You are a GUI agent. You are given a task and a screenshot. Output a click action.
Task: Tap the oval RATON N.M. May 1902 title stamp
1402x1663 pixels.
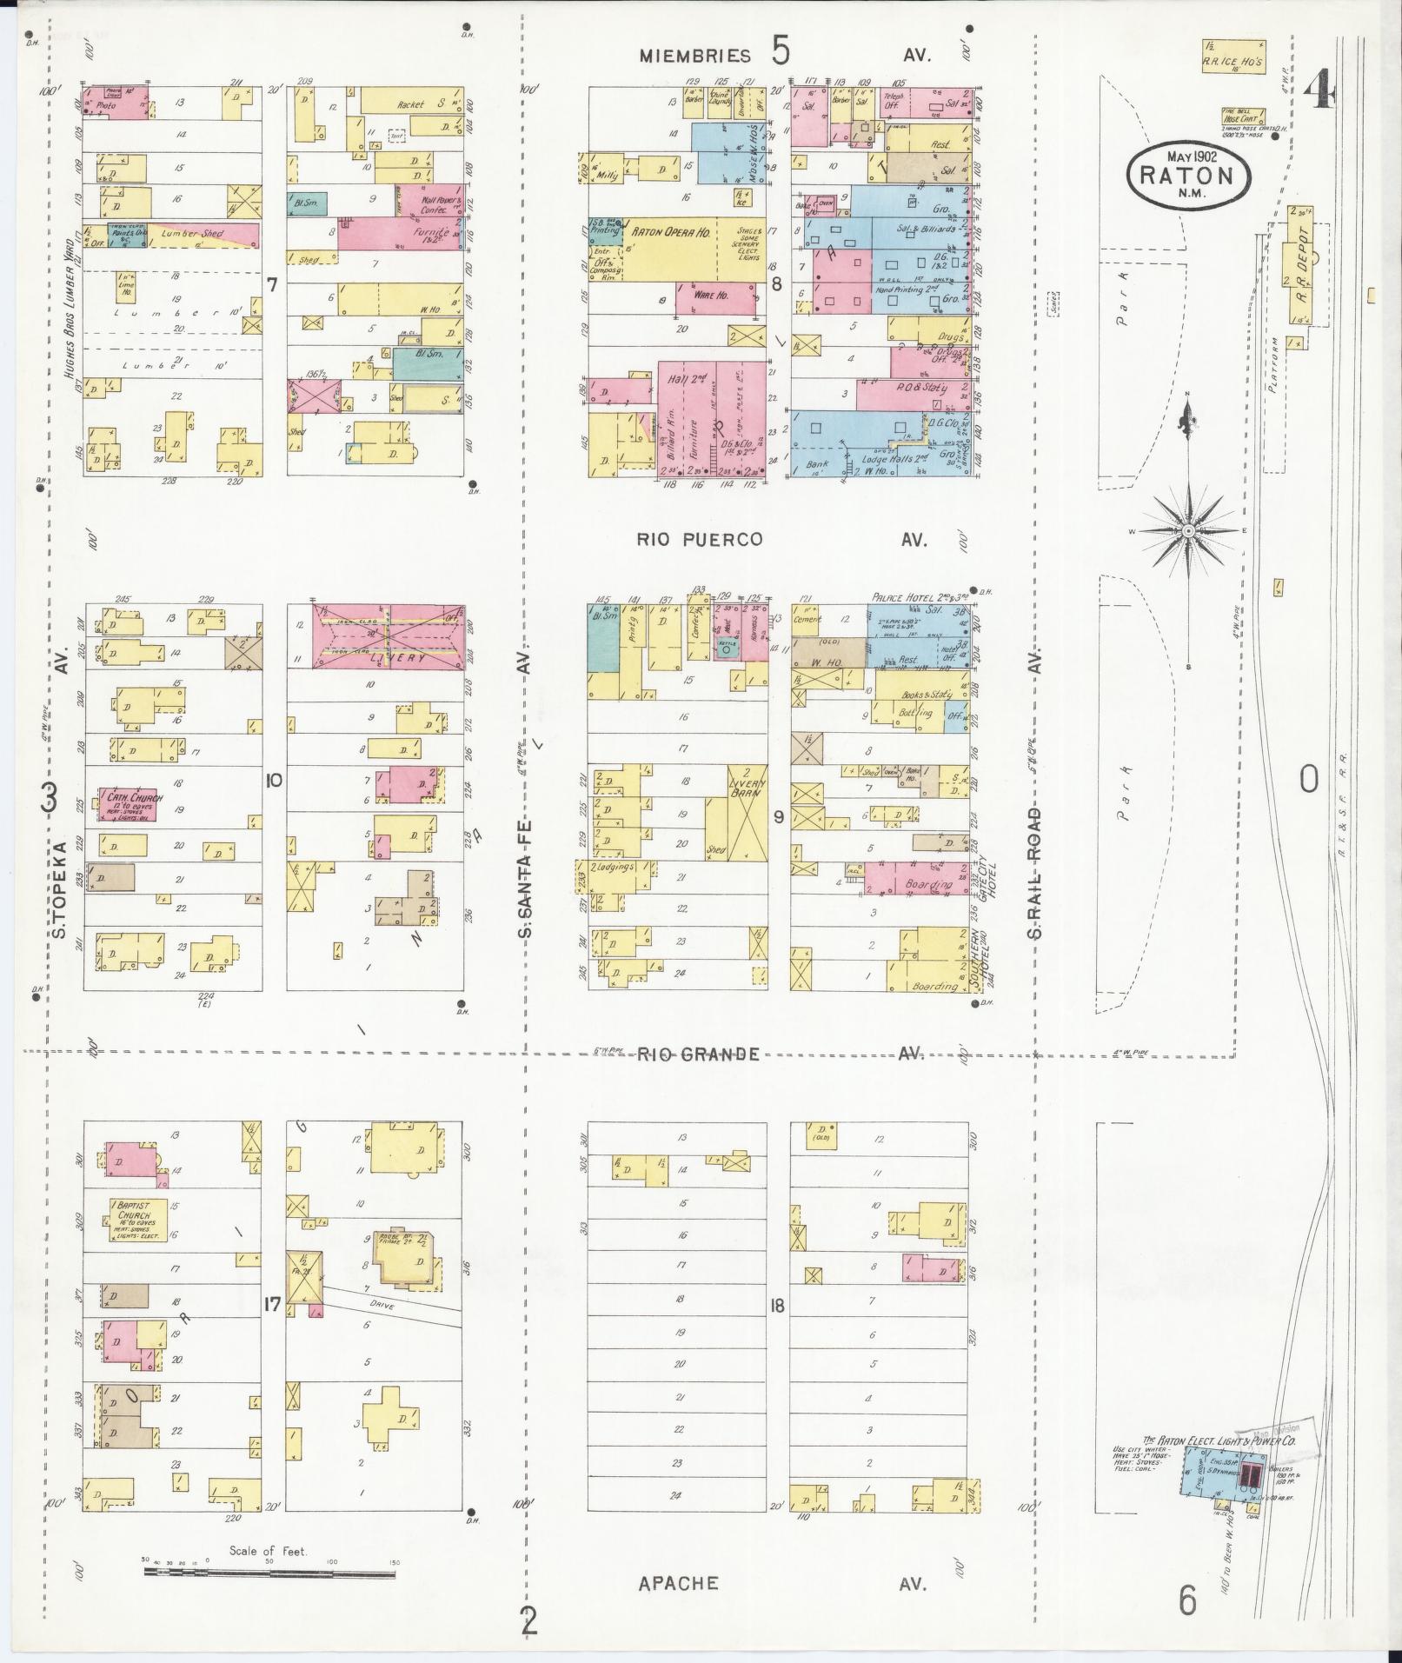coord(1189,173)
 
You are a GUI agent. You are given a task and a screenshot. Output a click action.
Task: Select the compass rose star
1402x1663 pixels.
coord(1187,530)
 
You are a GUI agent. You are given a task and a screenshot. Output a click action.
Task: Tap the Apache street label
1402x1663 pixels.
coord(678,1583)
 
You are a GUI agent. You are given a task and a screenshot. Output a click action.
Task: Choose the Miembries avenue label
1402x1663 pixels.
coord(695,57)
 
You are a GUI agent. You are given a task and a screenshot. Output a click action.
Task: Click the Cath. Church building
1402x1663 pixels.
coord(125,799)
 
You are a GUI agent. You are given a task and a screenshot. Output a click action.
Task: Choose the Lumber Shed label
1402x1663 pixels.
coord(202,233)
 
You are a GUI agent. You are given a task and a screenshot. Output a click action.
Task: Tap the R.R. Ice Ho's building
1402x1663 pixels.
coord(1233,56)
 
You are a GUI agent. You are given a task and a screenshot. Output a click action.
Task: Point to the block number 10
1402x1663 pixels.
coord(273,781)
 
